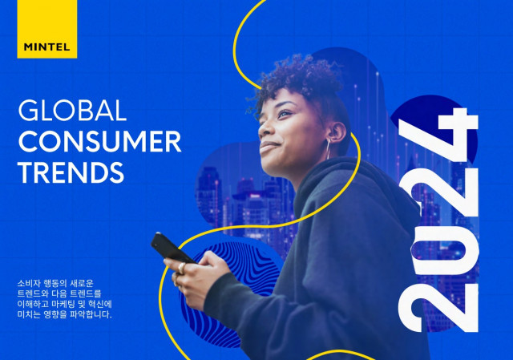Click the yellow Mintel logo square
[x=46, y=29]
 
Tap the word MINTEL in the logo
[x=46, y=47]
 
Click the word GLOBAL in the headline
[x=72, y=111]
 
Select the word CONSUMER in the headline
[x=99, y=141]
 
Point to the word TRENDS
[x=71, y=172]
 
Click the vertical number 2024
[x=438, y=220]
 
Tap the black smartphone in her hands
[x=172, y=249]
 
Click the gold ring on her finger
[x=181, y=269]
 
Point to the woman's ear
[x=336, y=132]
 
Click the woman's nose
[x=265, y=128]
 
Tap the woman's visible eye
[x=284, y=114]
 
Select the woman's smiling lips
[x=269, y=146]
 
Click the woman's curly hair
[x=297, y=82]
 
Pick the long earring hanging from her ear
[x=328, y=149]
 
